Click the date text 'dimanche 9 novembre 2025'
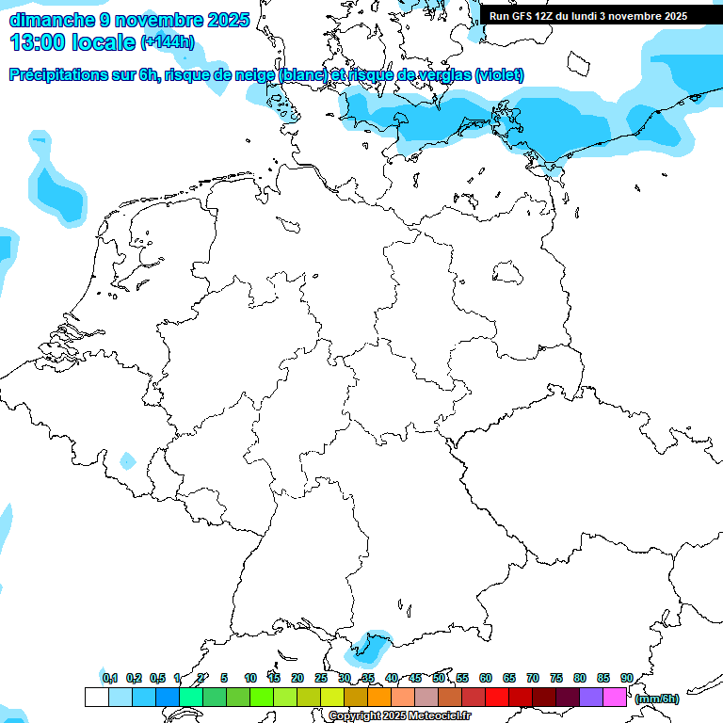(129, 20)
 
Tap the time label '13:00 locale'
(72, 42)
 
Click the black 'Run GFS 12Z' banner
(588, 16)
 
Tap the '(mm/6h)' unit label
(656, 699)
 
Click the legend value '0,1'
(109, 678)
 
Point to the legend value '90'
(626, 678)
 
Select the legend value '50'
(439, 678)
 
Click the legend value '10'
(250, 678)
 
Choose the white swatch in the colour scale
(96, 698)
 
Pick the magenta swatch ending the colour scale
(615, 698)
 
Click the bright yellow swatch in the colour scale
(331, 698)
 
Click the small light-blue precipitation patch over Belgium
(127, 460)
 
